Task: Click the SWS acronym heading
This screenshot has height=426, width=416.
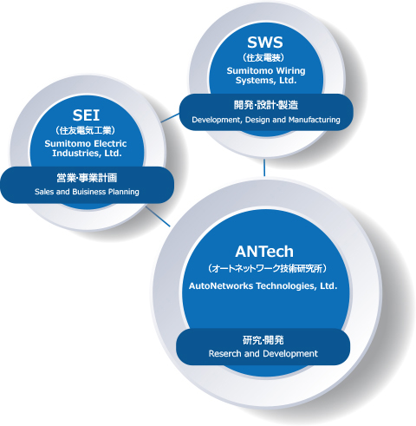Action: (265, 43)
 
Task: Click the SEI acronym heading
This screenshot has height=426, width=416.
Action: (86, 115)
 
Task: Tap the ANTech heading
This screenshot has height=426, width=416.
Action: (264, 252)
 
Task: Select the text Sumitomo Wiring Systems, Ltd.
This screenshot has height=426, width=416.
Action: (266, 75)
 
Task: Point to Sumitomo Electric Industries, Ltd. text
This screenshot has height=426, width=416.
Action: (86, 148)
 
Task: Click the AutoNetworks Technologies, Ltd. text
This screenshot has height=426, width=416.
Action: (263, 286)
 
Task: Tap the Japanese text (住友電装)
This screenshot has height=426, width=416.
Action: (263, 57)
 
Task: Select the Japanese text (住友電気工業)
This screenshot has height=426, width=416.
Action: (85, 130)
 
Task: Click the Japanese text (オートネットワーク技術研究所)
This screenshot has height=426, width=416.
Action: (268, 269)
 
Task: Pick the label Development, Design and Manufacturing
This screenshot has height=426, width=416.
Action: (266, 120)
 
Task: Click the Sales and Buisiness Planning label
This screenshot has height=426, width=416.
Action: (87, 192)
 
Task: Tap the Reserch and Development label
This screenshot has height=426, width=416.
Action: (263, 353)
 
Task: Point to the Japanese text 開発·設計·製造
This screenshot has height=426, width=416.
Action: (266, 105)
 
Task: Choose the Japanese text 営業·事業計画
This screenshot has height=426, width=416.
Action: (87, 178)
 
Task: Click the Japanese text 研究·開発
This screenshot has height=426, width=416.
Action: (263, 340)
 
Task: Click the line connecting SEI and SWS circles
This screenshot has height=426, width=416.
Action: (170, 118)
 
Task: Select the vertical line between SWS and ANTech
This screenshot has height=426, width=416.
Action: (264, 167)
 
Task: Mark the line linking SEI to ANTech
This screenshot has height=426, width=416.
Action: (158, 217)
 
